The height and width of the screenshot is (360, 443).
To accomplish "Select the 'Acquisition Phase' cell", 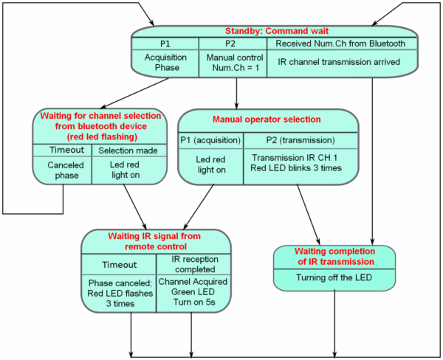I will click(165, 62).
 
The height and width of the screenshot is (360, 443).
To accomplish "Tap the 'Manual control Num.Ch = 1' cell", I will click(236, 62).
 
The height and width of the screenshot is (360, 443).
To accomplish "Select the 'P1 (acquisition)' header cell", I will click(210, 139).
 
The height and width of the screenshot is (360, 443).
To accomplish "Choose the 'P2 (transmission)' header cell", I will click(299, 139).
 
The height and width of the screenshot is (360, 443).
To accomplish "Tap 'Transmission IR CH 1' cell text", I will click(299, 158).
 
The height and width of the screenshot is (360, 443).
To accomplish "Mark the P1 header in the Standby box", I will click(165, 44).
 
